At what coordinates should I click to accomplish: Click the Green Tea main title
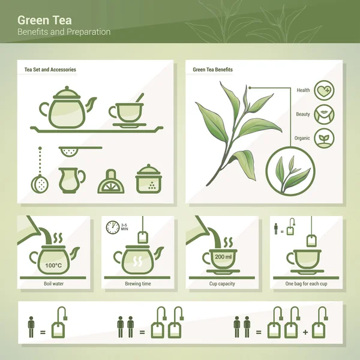44,20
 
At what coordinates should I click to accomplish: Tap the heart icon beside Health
324,90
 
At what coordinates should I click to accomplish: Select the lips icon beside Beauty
324,115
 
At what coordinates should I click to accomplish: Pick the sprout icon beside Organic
324,138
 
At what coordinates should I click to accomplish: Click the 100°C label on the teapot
53,265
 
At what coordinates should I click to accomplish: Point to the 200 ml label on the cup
223,256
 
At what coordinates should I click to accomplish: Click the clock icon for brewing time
113,227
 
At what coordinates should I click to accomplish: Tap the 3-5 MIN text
124,227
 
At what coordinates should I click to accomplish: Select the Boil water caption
54,284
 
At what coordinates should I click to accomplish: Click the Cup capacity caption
222,284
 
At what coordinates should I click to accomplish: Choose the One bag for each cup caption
306,284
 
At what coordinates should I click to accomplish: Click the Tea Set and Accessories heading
50,70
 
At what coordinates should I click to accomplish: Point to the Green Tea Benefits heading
212,70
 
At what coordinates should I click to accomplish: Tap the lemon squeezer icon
111,182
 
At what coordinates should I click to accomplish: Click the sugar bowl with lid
149,179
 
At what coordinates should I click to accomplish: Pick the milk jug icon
71,181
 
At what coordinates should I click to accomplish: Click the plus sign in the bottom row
305,332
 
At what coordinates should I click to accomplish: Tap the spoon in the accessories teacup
140,98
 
